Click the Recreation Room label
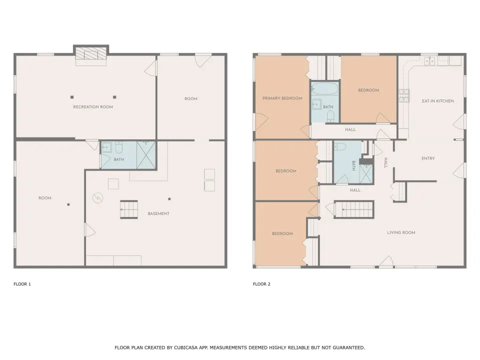(x=93, y=107)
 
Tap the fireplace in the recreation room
(x=91, y=53)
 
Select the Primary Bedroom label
(x=282, y=98)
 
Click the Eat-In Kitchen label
(x=438, y=101)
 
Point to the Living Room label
(x=401, y=232)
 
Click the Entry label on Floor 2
(x=428, y=158)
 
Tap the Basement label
(x=158, y=213)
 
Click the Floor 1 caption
(x=22, y=284)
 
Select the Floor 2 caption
(x=261, y=284)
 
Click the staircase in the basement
(x=129, y=209)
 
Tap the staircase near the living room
(x=354, y=209)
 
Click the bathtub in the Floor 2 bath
(x=324, y=89)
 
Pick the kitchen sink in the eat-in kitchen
(x=430, y=61)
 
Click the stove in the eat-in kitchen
(x=404, y=95)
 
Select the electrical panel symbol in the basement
(x=97, y=198)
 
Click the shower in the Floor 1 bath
(x=146, y=155)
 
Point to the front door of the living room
(x=386, y=262)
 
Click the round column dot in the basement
(x=169, y=199)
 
